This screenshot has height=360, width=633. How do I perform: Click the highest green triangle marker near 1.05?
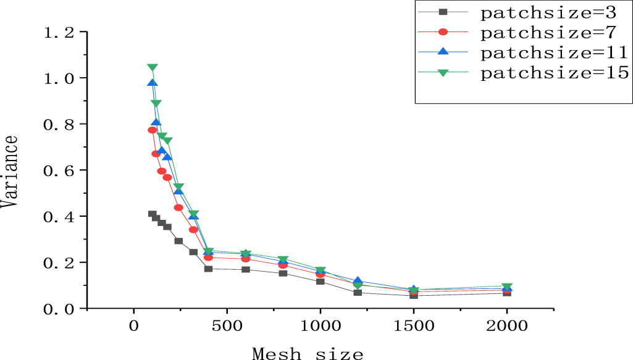click(x=153, y=68)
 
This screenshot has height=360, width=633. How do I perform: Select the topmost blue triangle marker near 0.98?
click(x=153, y=83)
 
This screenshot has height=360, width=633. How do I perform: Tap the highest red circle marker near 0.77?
click(x=153, y=130)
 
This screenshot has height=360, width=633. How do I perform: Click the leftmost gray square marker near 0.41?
click(x=153, y=214)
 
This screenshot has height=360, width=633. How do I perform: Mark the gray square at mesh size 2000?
click(x=506, y=293)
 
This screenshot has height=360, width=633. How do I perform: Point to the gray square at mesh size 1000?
click(x=320, y=282)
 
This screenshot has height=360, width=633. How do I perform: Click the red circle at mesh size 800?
click(x=283, y=265)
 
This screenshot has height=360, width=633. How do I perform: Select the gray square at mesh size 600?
click(x=246, y=269)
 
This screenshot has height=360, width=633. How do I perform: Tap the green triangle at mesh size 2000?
click(x=506, y=287)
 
